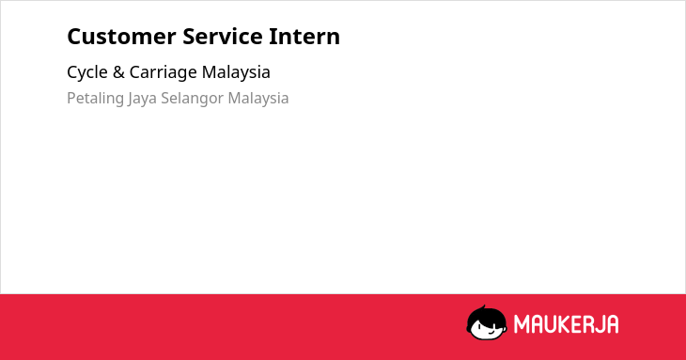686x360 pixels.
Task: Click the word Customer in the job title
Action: [x=121, y=37]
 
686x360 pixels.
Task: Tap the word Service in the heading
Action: [x=223, y=37]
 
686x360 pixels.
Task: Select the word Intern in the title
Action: [x=304, y=37]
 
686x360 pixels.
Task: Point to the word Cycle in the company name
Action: [x=87, y=72]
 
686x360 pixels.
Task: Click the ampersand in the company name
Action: [x=118, y=72]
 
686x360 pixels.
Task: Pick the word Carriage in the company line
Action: [x=164, y=73]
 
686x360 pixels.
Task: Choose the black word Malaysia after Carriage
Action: [x=236, y=72]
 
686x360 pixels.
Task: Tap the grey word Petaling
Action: [x=95, y=99]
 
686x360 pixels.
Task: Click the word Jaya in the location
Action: [x=142, y=99]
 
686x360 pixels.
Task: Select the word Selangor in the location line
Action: [x=192, y=99]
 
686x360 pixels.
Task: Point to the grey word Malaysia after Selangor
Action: [x=258, y=99]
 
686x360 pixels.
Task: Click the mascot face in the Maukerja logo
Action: [x=487, y=322]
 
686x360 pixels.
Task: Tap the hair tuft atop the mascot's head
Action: [x=483, y=307]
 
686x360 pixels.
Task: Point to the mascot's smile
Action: [x=491, y=333]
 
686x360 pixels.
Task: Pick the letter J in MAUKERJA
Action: [x=599, y=324]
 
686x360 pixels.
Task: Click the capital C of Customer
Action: [x=74, y=37]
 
